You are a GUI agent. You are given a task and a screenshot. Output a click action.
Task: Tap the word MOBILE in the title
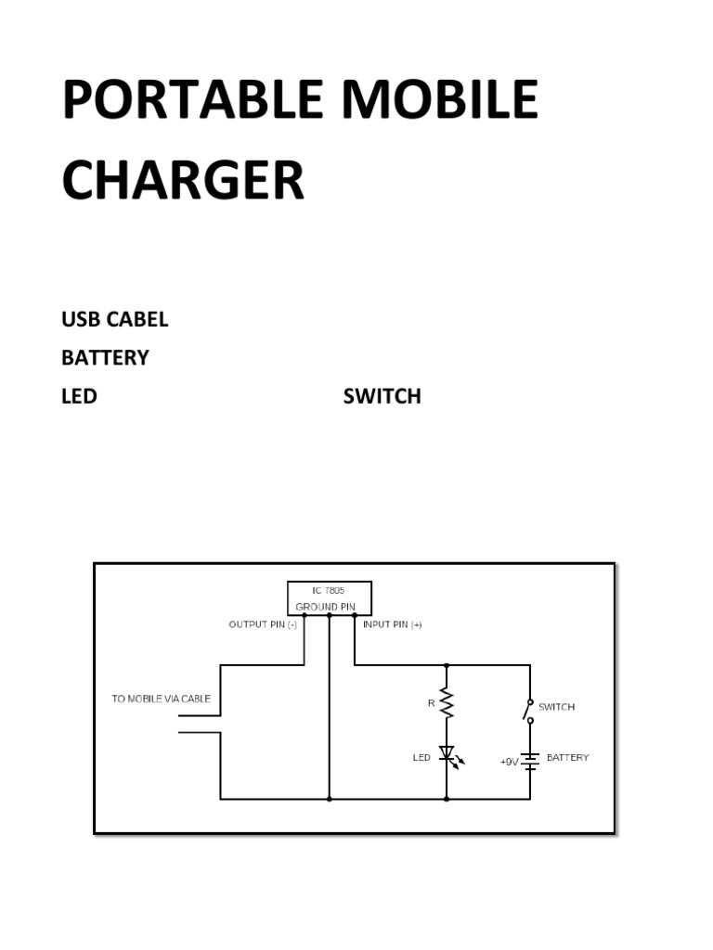433,99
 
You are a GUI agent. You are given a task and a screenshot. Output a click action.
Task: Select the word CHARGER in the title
183,180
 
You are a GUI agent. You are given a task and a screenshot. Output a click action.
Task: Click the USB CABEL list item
114,319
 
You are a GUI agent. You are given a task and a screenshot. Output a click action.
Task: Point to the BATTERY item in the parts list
105,357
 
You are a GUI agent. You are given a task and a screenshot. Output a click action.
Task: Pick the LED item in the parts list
79,396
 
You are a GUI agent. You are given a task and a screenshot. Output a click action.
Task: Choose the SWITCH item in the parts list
382,396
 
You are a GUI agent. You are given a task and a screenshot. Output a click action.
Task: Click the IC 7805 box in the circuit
329,597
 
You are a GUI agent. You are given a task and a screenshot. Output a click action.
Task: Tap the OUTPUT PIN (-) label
263,624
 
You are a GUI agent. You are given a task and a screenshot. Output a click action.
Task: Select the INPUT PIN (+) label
392,624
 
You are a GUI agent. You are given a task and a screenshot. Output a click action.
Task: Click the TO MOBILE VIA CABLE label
161,699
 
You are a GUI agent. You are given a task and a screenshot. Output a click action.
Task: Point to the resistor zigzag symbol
447,703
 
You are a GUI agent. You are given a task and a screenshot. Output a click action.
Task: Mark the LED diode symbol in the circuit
447,755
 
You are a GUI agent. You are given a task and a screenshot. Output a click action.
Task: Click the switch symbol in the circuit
528,711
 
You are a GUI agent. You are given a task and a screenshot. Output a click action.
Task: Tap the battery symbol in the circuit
530,761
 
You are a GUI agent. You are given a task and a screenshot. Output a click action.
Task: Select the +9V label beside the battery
509,762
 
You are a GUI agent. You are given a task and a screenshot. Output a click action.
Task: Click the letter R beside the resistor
431,703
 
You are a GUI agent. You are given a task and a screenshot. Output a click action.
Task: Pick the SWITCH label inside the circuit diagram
556,707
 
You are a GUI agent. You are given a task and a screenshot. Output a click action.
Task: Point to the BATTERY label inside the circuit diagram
567,757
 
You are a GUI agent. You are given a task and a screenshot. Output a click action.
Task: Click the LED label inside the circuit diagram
421,758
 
